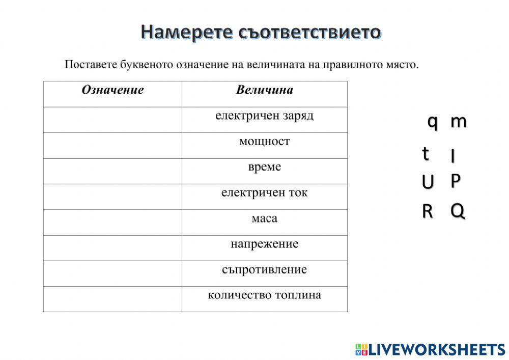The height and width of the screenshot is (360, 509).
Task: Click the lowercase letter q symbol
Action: click(432, 122)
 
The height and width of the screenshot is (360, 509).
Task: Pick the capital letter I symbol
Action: click(453, 156)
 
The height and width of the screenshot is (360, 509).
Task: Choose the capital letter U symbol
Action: click(428, 181)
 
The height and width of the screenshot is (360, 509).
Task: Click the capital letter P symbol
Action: click(456, 180)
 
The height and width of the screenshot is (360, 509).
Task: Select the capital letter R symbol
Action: click(427, 211)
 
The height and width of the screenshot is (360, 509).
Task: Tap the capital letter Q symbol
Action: click(458, 211)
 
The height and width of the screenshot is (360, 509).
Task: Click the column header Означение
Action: click(112, 91)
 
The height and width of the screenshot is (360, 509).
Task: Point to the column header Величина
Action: click(264, 91)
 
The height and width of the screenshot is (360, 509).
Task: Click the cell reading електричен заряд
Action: click(264, 116)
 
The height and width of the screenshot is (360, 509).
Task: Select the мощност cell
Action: click(264, 142)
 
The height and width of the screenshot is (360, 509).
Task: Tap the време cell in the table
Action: click(264, 168)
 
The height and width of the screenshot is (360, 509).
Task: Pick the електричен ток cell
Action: click(264, 193)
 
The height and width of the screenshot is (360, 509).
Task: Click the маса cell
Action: click(264, 219)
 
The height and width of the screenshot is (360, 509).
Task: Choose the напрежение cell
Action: click(264, 244)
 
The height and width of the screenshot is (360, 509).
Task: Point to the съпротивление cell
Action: click(264, 270)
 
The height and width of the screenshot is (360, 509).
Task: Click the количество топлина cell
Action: click(264, 295)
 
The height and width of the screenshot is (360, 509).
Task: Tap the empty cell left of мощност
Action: click(112, 145)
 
